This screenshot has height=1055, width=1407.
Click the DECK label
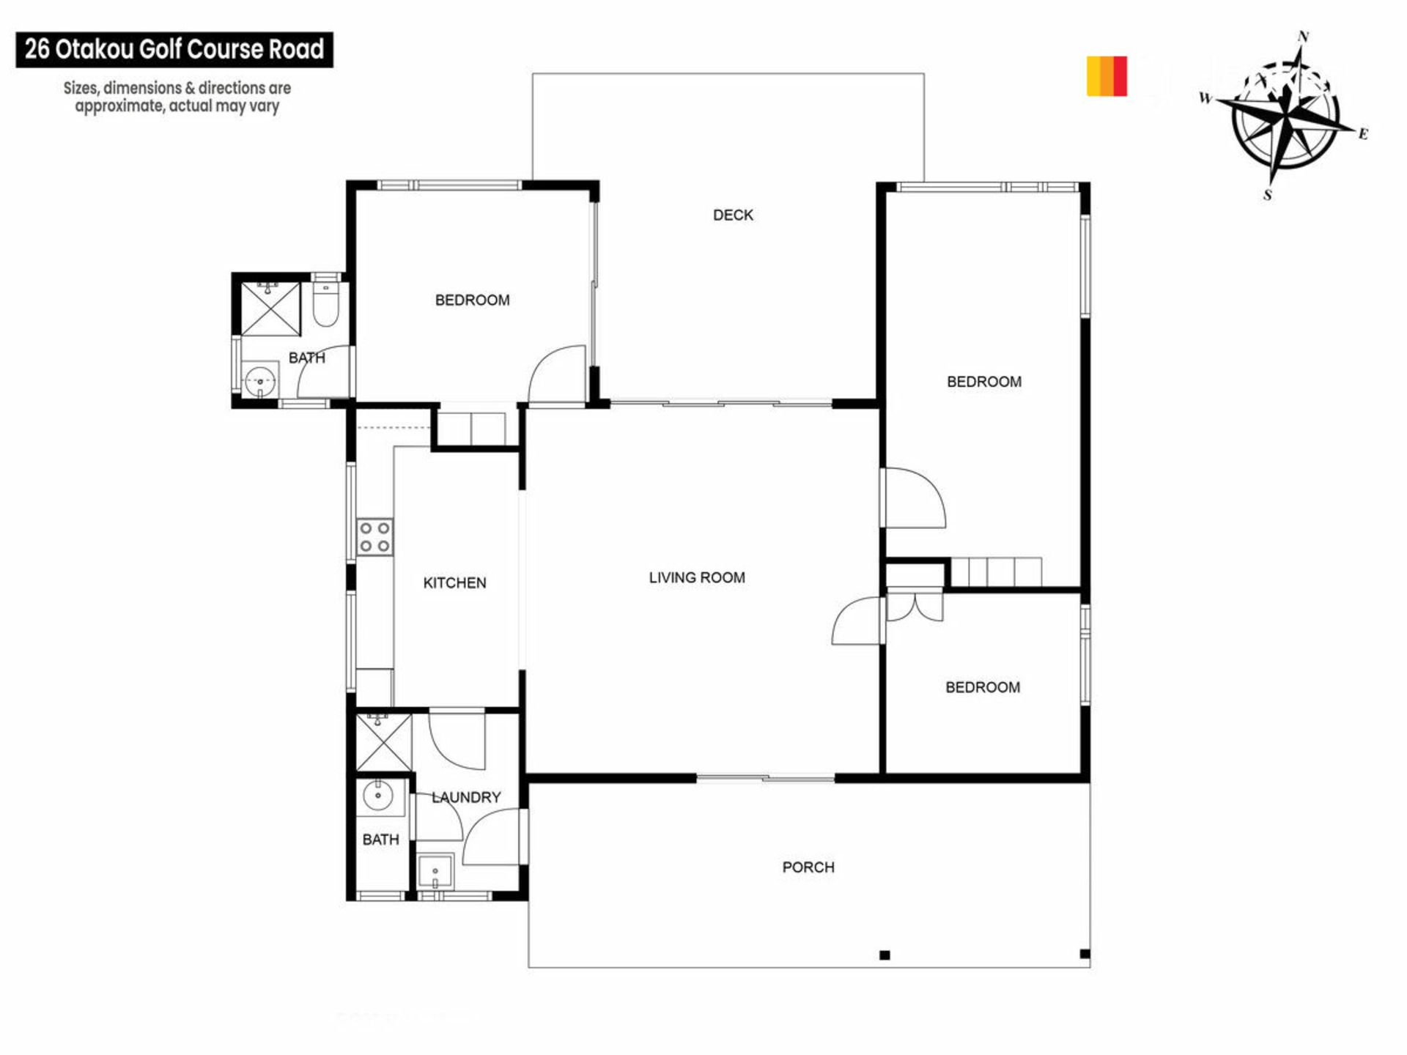coord(733,215)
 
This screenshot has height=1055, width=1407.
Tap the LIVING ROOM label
coord(697,577)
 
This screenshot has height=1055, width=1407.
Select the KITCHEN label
coord(454,582)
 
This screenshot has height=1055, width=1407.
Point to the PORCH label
coord(808,867)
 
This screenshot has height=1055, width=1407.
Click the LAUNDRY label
coord(466,797)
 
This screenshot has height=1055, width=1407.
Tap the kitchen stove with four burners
coord(374,537)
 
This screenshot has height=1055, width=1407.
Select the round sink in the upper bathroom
coord(259,381)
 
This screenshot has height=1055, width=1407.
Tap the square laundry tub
coord(435,871)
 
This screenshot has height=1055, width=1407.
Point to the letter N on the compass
coord(1304,36)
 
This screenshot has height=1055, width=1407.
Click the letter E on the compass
coord(1363,133)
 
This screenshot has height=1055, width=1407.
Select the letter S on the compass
coord(1268,195)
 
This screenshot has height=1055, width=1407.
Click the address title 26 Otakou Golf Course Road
coord(174,49)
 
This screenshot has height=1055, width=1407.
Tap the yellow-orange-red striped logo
coord(1107,76)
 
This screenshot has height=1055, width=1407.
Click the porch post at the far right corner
coord(1085,954)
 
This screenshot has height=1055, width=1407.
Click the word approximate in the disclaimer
coord(119,106)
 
